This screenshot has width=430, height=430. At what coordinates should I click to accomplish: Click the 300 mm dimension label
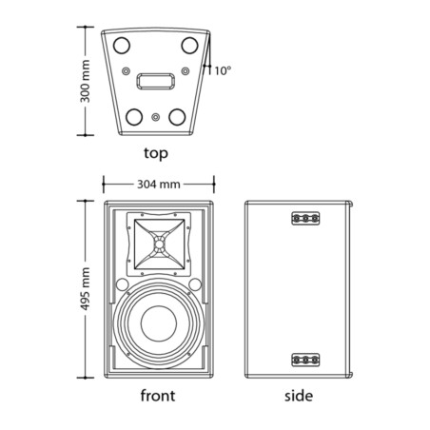pos(85,81)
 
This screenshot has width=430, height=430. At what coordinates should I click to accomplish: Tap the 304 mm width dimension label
pos(159,184)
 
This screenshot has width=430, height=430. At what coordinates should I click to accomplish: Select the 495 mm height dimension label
pos(85,289)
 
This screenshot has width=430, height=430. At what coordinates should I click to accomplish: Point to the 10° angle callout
pos(223,70)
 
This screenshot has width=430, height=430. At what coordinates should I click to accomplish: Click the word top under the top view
pos(156,153)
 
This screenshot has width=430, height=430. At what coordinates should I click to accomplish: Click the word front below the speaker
pos(158,396)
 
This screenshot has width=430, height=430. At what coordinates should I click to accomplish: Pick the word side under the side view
pos(299,396)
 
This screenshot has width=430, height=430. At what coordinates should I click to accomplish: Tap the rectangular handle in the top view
pos(155,81)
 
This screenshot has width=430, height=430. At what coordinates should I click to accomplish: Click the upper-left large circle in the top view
pos(122,45)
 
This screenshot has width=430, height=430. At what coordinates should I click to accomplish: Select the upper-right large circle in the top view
pos(189,45)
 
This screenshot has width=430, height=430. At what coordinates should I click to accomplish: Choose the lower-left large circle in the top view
pos(134,117)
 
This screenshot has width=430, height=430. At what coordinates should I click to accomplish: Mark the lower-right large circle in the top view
pos(177,117)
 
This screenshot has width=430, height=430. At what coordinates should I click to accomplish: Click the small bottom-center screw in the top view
pos(155,117)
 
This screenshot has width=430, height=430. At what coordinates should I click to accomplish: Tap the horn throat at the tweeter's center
pos(159,244)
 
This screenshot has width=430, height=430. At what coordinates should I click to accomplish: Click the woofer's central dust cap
pos(159,323)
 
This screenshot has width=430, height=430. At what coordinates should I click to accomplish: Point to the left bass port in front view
pos(122,284)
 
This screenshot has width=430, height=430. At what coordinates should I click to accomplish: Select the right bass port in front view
pos(195,284)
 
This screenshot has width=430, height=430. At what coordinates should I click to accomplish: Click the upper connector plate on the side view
pos(305,218)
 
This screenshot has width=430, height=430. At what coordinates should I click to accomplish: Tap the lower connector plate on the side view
pos(305,360)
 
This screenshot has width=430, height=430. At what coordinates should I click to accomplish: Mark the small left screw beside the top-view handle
pos(127,70)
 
